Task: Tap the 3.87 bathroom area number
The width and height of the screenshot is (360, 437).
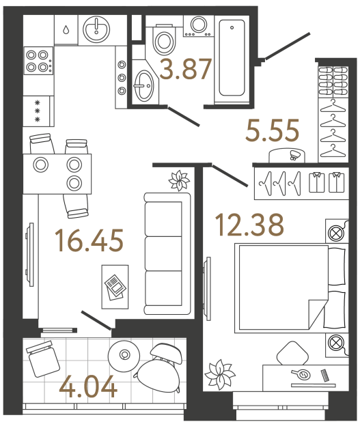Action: click(x=184, y=70)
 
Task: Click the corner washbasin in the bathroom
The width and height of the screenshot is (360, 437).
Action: click(x=144, y=86)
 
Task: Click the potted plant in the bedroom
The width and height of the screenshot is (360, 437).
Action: click(x=221, y=374)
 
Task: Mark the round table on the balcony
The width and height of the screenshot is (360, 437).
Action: click(x=125, y=354)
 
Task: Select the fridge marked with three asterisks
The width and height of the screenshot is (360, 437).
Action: click(x=38, y=109)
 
